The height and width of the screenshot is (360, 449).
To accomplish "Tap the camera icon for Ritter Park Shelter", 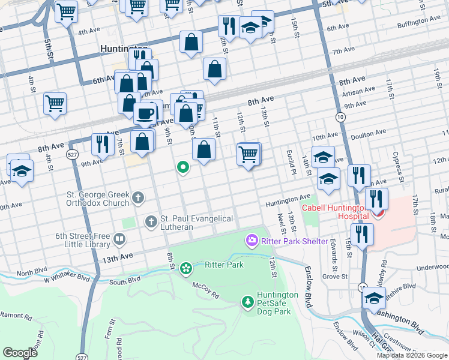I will [x=252, y=241].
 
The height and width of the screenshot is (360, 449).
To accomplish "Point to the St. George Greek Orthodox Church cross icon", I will [x=137, y=197].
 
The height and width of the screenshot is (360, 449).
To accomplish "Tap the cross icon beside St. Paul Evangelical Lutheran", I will [x=151, y=223].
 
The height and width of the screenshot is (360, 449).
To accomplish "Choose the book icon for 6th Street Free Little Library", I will [x=119, y=241].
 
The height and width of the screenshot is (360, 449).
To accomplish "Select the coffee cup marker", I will [x=145, y=113].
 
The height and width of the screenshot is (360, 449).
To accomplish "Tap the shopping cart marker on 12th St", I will [x=249, y=154].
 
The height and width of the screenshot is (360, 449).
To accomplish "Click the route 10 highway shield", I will [x=340, y=117].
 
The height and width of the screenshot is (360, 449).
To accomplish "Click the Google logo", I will [x=20, y=352].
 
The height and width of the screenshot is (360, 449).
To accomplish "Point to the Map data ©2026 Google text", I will [x=411, y=355].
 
